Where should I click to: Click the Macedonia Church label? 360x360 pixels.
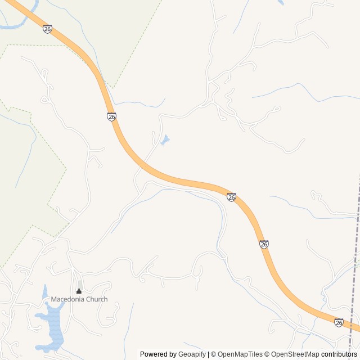(x=79, y=299)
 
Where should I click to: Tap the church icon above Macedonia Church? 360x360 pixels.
(x=79, y=291)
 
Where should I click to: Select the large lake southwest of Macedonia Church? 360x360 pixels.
(x=54, y=329)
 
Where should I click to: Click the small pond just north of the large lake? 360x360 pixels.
(x=45, y=291)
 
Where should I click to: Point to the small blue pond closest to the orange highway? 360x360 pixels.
(x=165, y=140)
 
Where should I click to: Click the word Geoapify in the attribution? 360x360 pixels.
(x=192, y=354)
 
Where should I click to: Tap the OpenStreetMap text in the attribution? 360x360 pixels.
(x=295, y=354)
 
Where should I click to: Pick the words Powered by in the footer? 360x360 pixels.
(x=158, y=354)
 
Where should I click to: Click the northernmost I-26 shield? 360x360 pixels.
(x=47, y=29)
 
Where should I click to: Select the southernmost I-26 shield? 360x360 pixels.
(x=339, y=322)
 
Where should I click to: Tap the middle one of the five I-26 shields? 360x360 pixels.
(x=231, y=197)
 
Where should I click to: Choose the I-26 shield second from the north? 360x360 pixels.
(x=111, y=116)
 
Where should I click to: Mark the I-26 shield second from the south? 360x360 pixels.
(x=264, y=244)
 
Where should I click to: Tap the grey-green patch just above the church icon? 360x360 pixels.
(x=79, y=283)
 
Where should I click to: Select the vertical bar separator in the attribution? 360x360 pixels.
(x=209, y=354)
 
